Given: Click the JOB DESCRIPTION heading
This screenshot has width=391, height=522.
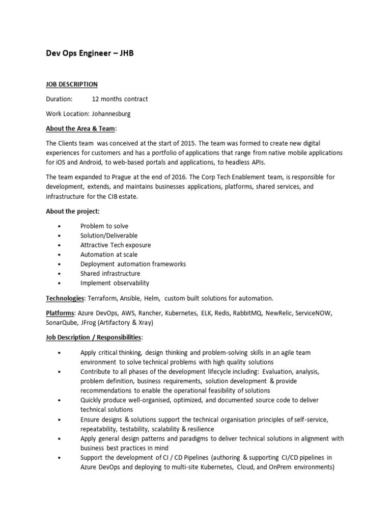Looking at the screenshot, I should click(x=72, y=84).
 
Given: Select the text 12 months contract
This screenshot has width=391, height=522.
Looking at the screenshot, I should click(x=120, y=99).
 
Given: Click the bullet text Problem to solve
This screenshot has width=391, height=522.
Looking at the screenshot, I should click(x=104, y=226).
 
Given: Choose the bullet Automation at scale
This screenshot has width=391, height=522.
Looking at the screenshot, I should click(x=109, y=254).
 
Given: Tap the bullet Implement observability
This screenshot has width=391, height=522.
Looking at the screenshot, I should click(x=115, y=283).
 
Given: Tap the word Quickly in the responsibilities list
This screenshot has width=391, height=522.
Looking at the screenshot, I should click(x=92, y=400).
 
